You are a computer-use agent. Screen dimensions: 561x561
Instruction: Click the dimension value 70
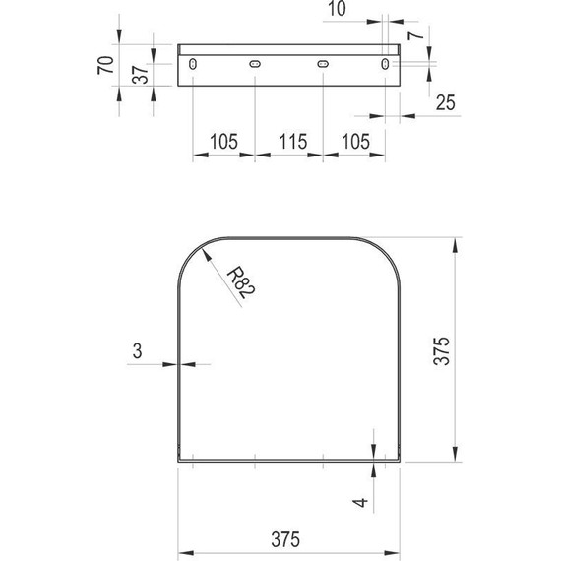pyautogui.click(x=105, y=65)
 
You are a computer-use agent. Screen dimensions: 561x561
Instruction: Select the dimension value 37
pyautogui.click(x=140, y=75)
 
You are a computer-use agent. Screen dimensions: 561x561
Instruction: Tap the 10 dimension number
pyautogui.click(x=337, y=9)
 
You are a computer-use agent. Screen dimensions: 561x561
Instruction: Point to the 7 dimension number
pyautogui.click(x=416, y=35)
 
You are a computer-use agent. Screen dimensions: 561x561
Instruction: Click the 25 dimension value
pyautogui.click(x=446, y=102)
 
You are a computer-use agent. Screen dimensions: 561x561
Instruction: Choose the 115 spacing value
pyautogui.click(x=293, y=142)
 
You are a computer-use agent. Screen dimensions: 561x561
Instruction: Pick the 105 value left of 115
pyautogui.click(x=223, y=142)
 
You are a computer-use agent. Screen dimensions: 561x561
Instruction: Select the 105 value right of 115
pyautogui.click(x=355, y=142)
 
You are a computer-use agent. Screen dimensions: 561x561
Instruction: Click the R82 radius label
pyautogui.click(x=241, y=282)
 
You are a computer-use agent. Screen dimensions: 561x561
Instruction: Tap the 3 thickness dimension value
pyautogui.click(x=138, y=350)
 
